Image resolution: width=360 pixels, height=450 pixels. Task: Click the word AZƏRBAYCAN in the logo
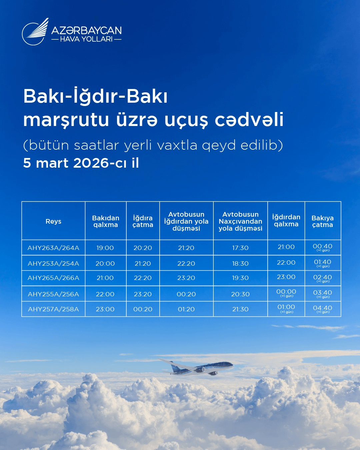click(x=86, y=31)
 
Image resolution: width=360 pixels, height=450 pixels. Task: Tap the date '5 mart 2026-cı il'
click(x=81, y=163)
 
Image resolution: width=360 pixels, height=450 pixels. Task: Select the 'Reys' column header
click(x=53, y=221)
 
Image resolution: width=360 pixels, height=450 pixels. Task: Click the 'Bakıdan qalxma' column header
click(x=106, y=221)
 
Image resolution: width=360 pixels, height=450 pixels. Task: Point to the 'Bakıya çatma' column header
click(x=323, y=221)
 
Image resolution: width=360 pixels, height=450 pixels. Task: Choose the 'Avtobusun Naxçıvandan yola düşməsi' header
click(x=240, y=221)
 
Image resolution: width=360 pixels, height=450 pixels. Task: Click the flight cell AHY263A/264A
click(x=53, y=248)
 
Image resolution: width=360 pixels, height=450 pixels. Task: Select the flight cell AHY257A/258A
click(x=53, y=309)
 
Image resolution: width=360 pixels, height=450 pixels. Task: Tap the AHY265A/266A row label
click(x=53, y=278)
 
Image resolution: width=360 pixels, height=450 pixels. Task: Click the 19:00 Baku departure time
click(x=105, y=248)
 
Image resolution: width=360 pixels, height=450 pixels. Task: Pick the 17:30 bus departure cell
click(x=240, y=248)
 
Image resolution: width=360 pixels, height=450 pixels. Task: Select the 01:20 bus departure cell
click(x=186, y=309)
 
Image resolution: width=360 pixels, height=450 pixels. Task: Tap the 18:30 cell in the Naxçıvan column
click(x=240, y=263)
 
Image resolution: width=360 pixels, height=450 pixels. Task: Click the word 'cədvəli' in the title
click(x=249, y=120)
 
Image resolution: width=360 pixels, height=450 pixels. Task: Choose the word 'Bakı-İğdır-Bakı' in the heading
click(x=95, y=96)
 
